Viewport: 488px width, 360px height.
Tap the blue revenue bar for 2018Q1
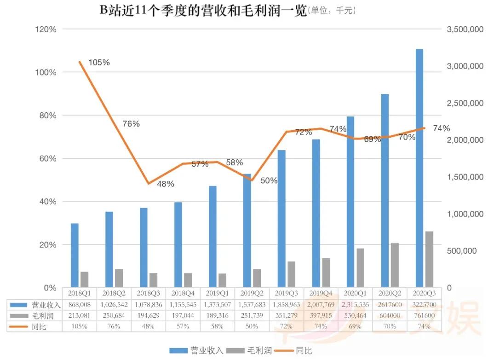point(75,255)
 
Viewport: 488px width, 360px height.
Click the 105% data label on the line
point(99,63)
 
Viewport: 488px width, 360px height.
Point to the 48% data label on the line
point(165,184)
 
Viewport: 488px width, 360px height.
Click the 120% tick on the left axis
point(46,29)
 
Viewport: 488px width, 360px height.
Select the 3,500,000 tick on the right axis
point(465,29)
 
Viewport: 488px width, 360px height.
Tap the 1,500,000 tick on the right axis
point(465,177)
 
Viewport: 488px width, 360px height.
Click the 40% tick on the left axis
point(46,202)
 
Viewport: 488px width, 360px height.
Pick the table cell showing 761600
point(424,315)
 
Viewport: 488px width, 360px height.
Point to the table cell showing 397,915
point(320,315)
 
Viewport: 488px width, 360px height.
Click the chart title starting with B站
point(202,11)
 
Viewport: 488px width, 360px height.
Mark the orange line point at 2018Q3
point(148,184)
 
